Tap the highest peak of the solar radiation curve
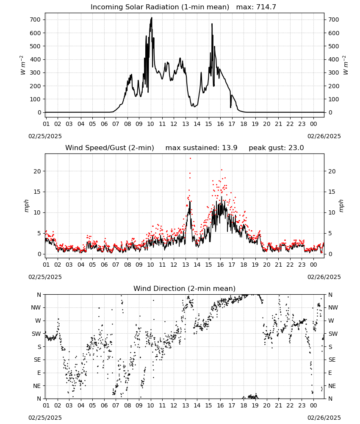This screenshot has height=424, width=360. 152,18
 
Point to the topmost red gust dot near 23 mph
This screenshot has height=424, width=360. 191,159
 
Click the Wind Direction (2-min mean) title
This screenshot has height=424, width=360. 185,288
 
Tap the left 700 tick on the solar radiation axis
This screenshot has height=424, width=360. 36,20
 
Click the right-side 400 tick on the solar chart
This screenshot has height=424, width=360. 334,59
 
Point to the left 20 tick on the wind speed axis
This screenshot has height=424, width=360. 37,171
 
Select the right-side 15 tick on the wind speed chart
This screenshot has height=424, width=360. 332,192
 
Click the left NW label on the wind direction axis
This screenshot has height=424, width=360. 36,307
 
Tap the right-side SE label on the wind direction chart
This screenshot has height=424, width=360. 332,360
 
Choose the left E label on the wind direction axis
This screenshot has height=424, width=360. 39,373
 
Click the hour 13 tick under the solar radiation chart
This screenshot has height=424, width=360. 186,124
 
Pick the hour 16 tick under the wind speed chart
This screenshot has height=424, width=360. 220,265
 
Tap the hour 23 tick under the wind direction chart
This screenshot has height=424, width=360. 302,405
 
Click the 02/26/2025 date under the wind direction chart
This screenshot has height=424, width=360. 324,418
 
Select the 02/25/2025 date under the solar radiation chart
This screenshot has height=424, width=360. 45,136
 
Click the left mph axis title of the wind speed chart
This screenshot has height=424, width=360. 26,206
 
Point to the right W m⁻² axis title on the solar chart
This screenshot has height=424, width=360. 346,65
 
